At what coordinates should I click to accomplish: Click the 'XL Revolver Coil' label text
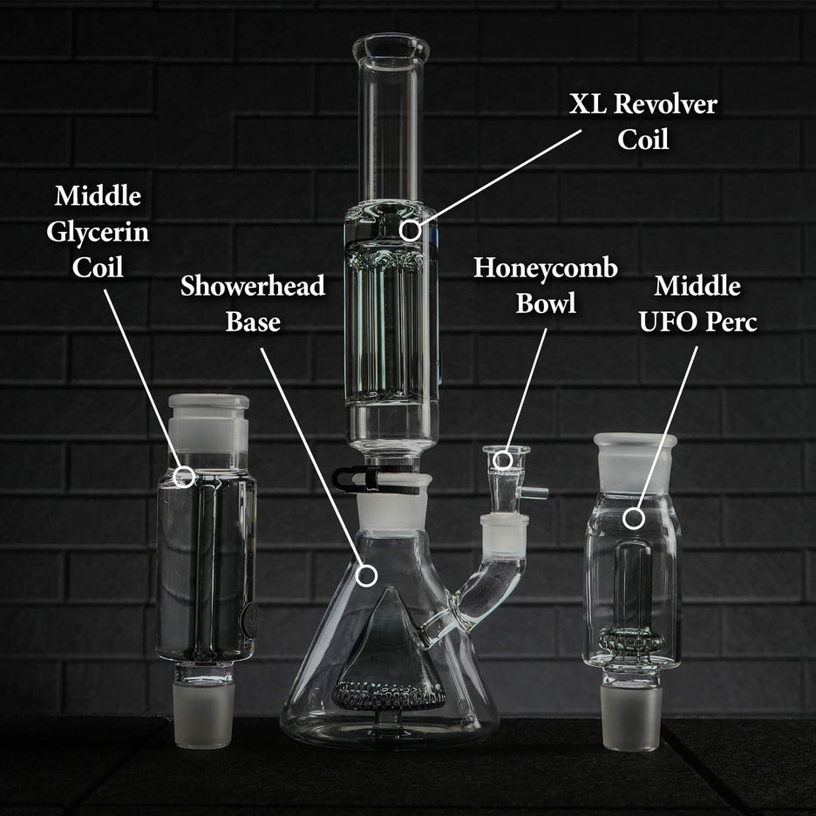[643, 121]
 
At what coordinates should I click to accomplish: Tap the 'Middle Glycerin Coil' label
[98, 231]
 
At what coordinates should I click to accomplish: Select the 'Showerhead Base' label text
[253, 303]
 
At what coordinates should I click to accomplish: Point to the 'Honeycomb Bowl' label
[545, 285]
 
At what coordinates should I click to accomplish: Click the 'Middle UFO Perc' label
[697, 303]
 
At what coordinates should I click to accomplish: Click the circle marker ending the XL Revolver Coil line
[410, 230]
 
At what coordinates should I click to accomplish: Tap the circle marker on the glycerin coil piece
[184, 476]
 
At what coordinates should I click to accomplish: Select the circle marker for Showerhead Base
[368, 575]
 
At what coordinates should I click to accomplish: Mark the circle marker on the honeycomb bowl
[503, 459]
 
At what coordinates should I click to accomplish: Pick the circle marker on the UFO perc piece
[634, 518]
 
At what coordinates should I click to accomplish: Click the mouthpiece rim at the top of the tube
[391, 47]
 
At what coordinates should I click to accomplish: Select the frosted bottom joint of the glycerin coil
[203, 714]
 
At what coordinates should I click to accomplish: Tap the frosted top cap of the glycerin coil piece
[208, 418]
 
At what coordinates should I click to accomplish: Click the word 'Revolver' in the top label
[665, 105]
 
